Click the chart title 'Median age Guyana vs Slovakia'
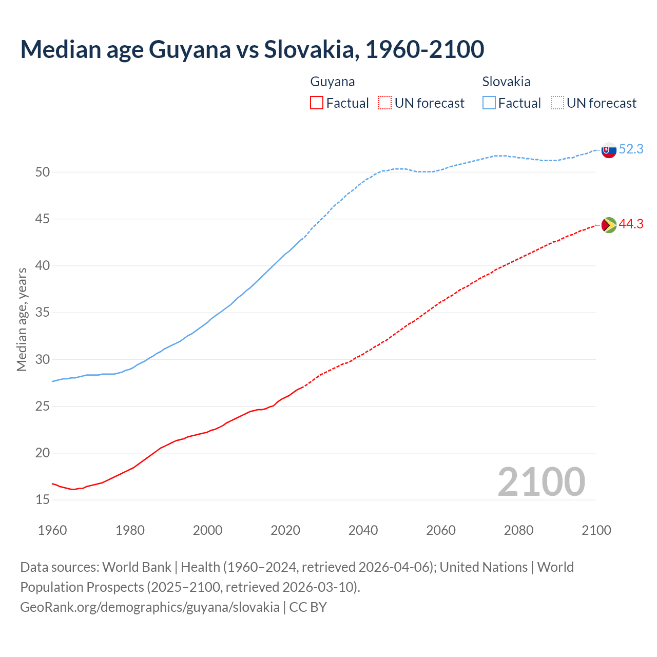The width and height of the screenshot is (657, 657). [x=252, y=49]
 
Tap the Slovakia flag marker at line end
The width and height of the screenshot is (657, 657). [x=609, y=150]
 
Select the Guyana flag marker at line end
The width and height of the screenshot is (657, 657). [x=609, y=225]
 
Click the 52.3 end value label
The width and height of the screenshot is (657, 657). [x=631, y=149]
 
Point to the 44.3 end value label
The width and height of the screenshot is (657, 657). [x=631, y=224]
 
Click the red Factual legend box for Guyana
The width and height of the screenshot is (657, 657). [x=317, y=103]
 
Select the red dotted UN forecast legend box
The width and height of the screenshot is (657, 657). [x=385, y=103]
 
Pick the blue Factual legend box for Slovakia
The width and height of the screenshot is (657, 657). [x=489, y=103]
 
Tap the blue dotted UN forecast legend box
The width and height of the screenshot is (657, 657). [x=557, y=103]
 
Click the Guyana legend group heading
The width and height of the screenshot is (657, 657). [x=333, y=82]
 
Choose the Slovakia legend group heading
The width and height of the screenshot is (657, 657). [x=506, y=82]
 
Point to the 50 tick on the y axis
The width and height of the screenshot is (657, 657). [x=43, y=172]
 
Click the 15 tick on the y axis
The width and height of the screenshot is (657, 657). [x=43, y=500]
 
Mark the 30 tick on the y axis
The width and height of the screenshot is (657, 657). [x=43, y=359]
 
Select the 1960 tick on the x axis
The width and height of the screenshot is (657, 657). [x=52, y=530]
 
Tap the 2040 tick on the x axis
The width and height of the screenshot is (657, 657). [x=363, y=530]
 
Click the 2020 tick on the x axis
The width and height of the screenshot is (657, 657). [x=285, y=530]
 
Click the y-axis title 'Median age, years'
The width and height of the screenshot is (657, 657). [x=22, y=319]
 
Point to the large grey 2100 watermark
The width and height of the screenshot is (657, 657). [x=541, y=482]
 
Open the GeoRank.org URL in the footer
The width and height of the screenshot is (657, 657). [x=150, y=607]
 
